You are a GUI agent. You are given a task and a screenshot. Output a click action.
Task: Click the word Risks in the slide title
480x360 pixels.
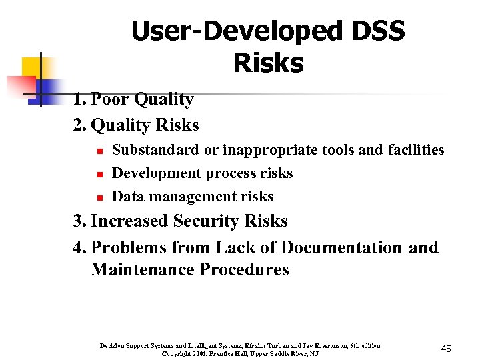click(x=268, y=63)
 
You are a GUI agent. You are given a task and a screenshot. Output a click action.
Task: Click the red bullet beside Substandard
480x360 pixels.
click(x=97, y=151)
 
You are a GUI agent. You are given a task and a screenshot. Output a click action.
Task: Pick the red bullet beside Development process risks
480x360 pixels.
click(x=97, y=175)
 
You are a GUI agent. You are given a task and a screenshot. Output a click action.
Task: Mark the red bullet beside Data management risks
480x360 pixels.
click(x=97, y=198)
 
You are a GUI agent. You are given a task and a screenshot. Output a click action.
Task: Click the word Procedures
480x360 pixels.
click(x=247, y=270)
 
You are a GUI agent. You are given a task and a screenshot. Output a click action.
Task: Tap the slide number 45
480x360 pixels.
click(x=446, y=349)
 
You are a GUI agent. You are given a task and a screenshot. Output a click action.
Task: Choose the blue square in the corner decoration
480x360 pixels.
click(x=47, y=88)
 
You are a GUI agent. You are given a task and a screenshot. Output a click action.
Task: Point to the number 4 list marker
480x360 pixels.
click(x=79, y=248)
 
